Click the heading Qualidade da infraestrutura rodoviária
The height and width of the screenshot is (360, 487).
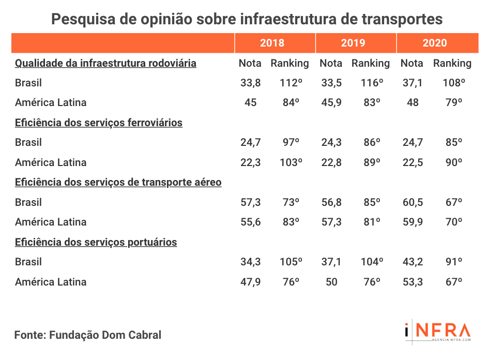point(105,63)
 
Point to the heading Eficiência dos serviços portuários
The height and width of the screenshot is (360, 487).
point(96,242)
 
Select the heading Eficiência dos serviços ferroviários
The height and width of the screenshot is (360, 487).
point(99,123)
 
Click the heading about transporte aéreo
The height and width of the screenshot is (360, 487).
point(118,182)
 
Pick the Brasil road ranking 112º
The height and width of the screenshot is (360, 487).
point(290,83)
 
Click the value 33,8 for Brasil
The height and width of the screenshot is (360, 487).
point(250,83)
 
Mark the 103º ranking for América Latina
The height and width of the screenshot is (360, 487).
point(290,162)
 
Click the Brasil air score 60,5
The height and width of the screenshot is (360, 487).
point(412,202)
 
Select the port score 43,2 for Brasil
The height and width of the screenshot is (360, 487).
point(412,262)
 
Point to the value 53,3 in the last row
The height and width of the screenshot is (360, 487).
point(412,282)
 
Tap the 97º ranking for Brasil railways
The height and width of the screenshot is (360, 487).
point(290,142)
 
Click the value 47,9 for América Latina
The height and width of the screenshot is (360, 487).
point(250,282)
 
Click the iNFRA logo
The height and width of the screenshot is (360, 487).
point(437,332)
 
